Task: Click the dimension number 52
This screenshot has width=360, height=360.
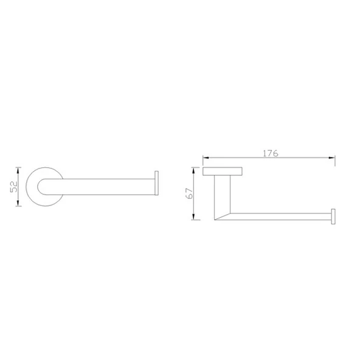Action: pos(14,187)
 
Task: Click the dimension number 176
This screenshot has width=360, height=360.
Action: pos(270,153)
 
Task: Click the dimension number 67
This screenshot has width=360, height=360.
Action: pos(190,193)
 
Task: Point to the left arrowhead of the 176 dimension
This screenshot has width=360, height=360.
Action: pos(206,157)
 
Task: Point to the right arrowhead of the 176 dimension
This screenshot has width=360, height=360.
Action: pos(332,157)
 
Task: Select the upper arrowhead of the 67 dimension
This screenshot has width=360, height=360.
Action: pos(193,171)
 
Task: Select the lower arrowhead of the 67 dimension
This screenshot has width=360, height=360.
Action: pos(193,216)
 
